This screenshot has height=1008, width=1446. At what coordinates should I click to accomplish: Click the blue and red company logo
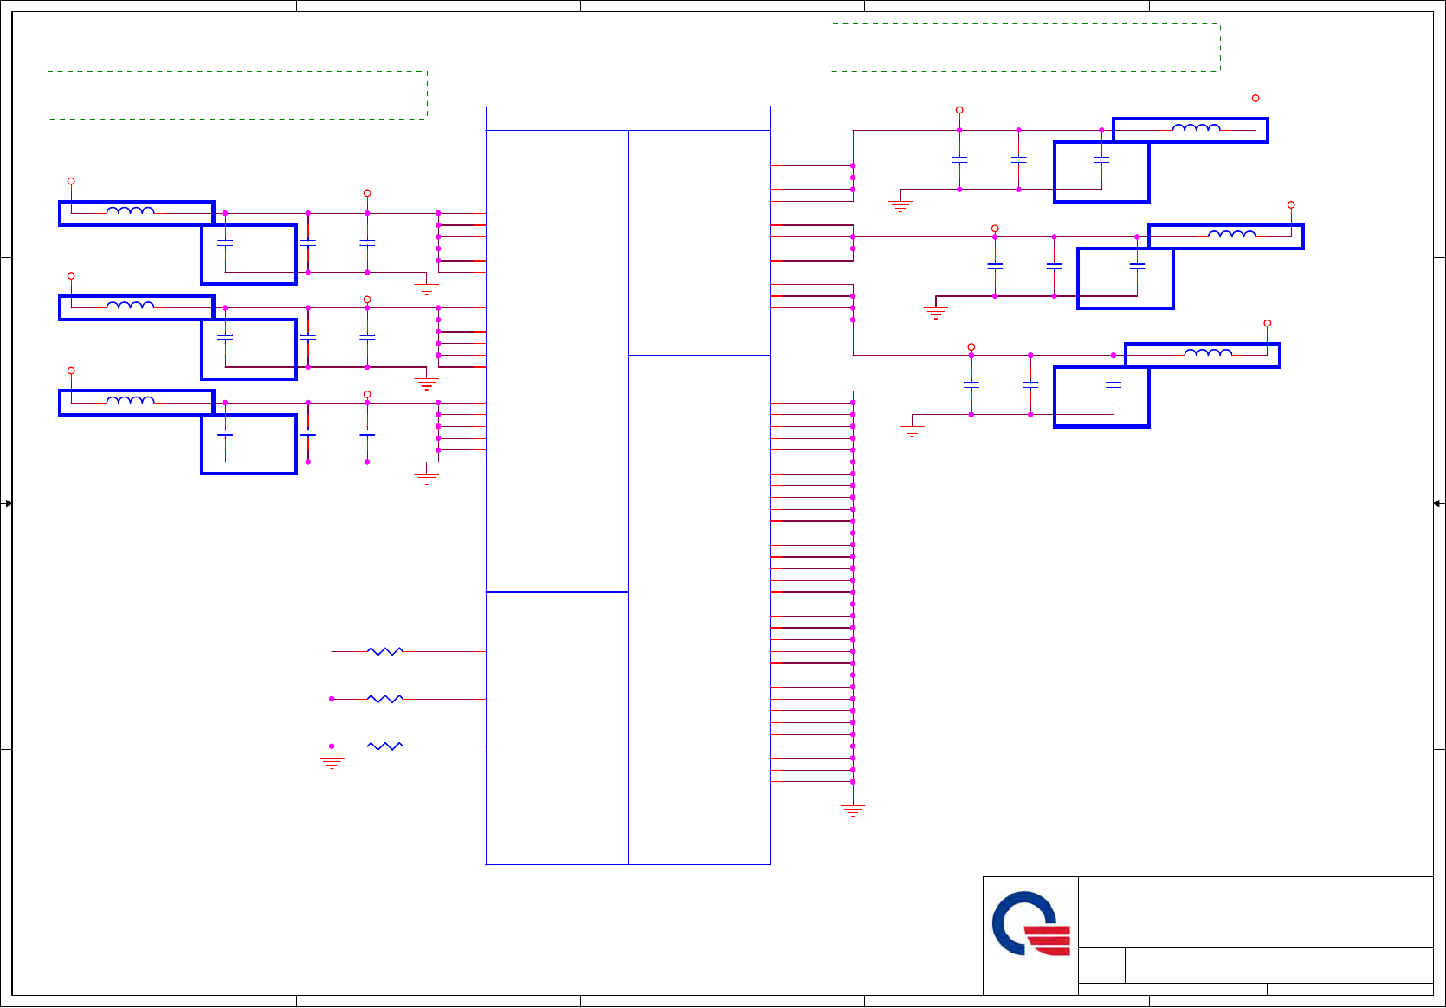[1030, 924]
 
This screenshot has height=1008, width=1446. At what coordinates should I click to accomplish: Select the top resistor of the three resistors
[385, 651]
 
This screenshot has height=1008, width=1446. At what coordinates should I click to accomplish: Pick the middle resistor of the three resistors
[385, 699]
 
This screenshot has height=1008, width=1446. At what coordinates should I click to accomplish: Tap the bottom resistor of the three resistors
[385, 746]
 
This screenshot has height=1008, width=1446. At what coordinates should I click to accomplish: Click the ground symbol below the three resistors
[332, 762]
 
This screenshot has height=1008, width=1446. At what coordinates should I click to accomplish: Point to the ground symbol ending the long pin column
[853, 811]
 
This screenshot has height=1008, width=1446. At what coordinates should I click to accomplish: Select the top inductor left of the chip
[131, 211]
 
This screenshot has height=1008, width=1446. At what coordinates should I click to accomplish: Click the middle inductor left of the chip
[131, 306]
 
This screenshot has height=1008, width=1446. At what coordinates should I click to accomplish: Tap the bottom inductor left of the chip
[131, 401]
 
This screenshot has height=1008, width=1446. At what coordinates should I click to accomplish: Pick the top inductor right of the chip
[1197, 129]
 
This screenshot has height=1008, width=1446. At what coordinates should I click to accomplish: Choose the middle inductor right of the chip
[1232, 236]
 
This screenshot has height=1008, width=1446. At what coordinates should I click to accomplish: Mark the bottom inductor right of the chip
[1208, 354]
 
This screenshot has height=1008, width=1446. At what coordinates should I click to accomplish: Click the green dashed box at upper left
[237, 94]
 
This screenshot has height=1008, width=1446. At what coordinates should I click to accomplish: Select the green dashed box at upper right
[1024, 48]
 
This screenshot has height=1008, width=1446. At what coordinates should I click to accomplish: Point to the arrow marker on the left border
[8, 503]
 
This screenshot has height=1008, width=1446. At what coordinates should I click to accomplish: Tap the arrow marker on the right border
[1437, 503]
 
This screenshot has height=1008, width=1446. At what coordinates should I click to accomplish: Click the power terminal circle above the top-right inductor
[1256, 99]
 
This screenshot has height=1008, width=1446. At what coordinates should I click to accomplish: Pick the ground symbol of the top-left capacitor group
[426, 288]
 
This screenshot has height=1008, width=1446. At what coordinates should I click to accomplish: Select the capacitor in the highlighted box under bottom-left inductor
[225, 431]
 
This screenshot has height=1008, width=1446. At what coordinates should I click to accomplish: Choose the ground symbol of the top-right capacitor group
[901, 205]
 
